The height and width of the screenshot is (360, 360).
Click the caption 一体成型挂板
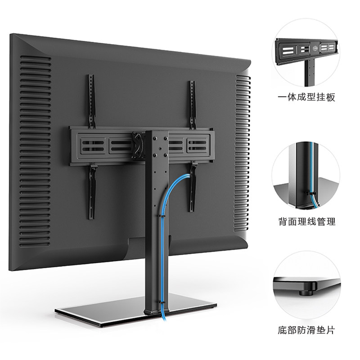coord(306,97)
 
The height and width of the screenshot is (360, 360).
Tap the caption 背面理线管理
coord(306,222)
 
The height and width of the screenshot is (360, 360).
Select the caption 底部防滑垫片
coord(306,331)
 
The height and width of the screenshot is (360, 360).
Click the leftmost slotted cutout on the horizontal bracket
coord(88,145)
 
